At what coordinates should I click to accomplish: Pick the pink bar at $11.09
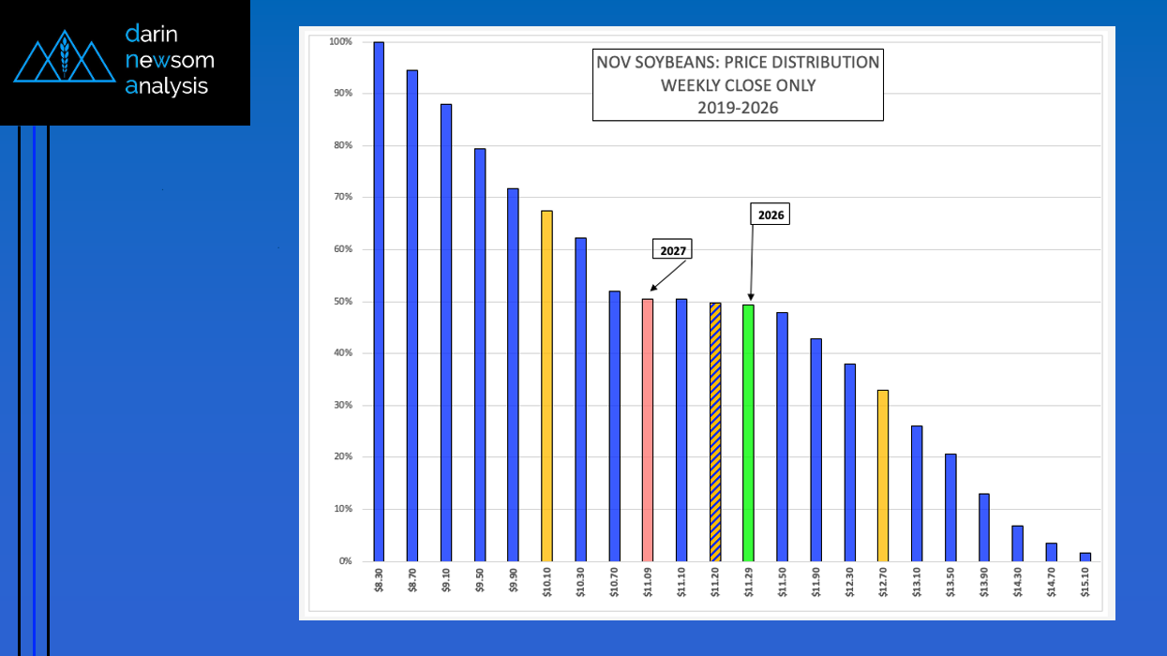click(647, 430)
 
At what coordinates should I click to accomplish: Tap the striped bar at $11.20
click(715, 432)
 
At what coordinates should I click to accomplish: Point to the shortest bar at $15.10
click(1085, 557)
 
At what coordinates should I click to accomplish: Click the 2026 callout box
click(770, 215)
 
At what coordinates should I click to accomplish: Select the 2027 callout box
click(671, 250)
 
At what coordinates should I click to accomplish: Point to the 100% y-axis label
click(340, 42)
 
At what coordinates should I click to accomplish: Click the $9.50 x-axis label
click(480, 584)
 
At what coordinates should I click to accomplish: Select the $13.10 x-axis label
click(917, 584)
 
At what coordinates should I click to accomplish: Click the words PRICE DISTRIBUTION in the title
click(801, 63)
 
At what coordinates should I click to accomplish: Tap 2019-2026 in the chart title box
click(738, 107)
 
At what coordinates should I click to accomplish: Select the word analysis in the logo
click(167, 86)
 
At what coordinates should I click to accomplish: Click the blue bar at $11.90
click(815, 450)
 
